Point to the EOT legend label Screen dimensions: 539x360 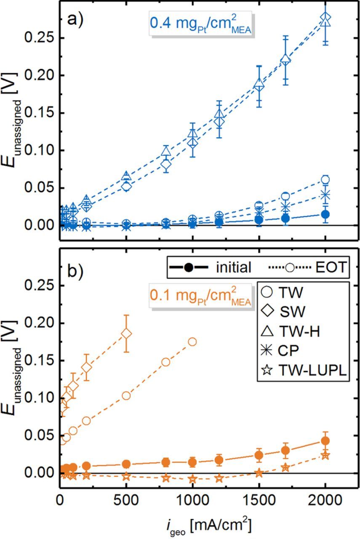pyautogui.click(x=331, y=267)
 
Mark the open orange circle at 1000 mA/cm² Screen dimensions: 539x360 pyautogui.click(x=192, y=342)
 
